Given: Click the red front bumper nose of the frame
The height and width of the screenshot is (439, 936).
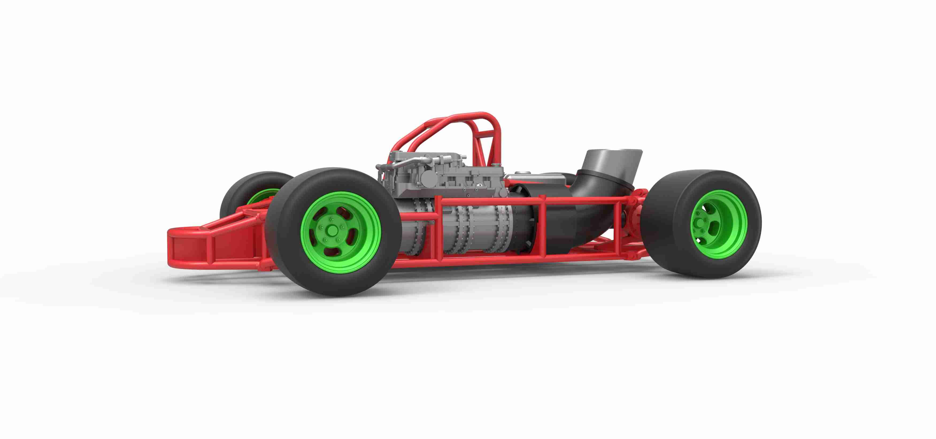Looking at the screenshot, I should coord(189,247).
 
